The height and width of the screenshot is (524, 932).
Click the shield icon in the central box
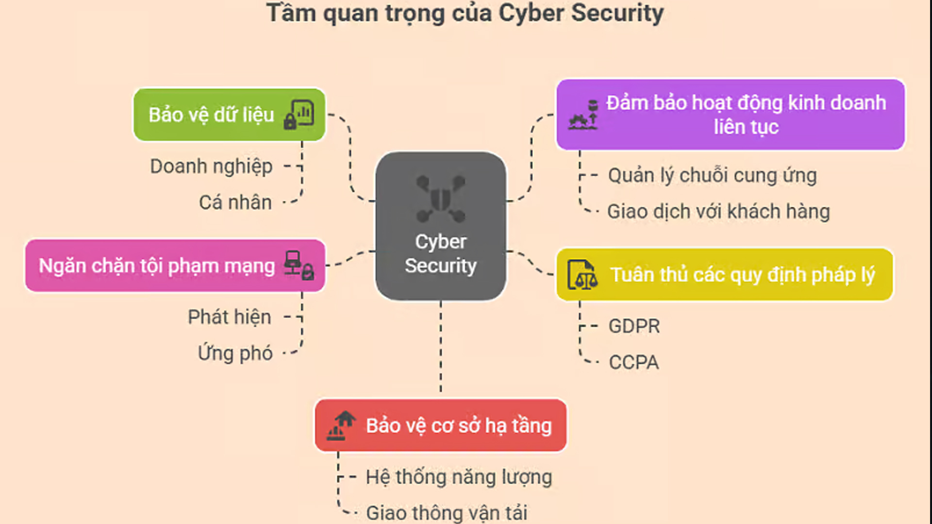point(441,199)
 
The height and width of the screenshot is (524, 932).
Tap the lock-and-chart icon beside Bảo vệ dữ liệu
point(299,115)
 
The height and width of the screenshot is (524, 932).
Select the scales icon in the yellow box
point(582,275)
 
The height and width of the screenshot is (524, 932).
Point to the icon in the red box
point(341,426)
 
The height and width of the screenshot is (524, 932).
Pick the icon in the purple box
point(583,115)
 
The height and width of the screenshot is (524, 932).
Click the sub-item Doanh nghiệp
point(211,166)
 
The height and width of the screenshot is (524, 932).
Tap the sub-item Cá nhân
point(235,202)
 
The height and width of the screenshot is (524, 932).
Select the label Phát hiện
point(230,317)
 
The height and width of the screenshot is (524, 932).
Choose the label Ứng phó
point(235,353)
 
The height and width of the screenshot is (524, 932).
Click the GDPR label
point(634,326)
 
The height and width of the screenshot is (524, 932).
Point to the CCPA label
point(634,362)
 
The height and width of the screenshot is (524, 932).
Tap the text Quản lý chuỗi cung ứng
point(712,176)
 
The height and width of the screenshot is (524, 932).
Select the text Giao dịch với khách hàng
point(718,212)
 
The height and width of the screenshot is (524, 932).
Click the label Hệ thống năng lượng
point(459,477)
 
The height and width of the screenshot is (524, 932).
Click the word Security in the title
point(617,13)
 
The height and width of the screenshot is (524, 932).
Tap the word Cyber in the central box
point(441,242)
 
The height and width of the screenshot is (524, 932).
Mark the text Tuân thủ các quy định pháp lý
point(742,275)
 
